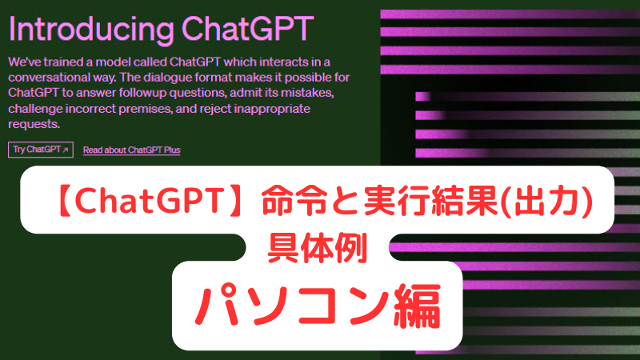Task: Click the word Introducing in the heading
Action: [91, 30]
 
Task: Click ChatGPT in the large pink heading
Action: [247, 29]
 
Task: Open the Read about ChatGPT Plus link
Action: [131, 150]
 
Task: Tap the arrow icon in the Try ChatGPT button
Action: [66, 150]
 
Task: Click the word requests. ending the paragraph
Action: [34, 125]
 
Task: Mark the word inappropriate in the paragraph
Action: [272, 109]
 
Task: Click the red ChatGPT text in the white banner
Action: [149, 202]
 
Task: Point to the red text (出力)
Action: [547, 202]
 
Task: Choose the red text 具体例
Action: [318, 248]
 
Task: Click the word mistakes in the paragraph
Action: [307, 93]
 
